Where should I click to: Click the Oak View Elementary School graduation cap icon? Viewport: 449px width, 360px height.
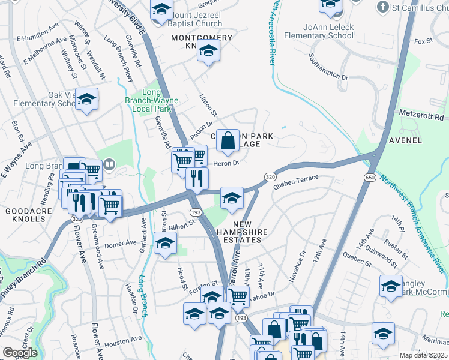86,100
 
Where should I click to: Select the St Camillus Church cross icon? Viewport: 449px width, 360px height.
382,8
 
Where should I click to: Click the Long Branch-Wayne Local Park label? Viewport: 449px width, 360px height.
148,100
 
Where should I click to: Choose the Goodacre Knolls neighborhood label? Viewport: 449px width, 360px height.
25,215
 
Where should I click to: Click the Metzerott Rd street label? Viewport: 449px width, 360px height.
423,114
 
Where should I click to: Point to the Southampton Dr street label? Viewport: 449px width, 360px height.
328,67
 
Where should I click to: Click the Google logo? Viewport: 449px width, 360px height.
20,353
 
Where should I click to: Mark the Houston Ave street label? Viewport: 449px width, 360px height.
122,344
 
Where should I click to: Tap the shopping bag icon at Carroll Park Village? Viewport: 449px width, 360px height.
228,141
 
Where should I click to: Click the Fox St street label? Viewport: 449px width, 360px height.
423,41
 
